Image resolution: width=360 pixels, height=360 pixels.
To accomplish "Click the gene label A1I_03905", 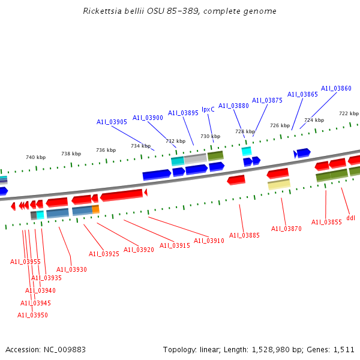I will (x=112, y=122).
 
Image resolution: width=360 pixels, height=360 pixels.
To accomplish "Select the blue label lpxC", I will (x=208, y=109).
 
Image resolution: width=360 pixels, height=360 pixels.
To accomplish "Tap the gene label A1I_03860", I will (x=336, y=88).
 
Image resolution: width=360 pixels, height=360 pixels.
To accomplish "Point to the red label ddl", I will (x=350, y=218).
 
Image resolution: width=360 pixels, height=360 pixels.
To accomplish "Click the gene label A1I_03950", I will (x=32, y=315).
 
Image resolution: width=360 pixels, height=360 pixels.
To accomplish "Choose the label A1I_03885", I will (x=244, y=235).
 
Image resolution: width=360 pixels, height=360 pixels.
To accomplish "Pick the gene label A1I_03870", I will (x=286, y=229).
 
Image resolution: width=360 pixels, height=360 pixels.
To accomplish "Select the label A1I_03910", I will (x=209, y=241).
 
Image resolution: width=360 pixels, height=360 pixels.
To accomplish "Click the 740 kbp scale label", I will (x=35, y=157).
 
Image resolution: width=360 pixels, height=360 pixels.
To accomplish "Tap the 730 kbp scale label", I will (x=210, y=136).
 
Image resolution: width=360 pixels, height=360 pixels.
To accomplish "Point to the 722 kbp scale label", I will (x=349, y=113).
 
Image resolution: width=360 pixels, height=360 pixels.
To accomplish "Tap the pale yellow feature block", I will (x=279, y=184).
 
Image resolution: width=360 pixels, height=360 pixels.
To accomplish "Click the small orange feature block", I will (x=95, y=209).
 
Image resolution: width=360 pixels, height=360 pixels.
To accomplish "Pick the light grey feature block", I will (x=195, y=159).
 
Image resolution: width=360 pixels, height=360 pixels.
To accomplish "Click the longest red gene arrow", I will (x=122, y=195).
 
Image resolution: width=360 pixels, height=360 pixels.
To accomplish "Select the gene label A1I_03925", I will (x=104, y=254).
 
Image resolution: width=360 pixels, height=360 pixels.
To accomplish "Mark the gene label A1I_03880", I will (x=233, y=106).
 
